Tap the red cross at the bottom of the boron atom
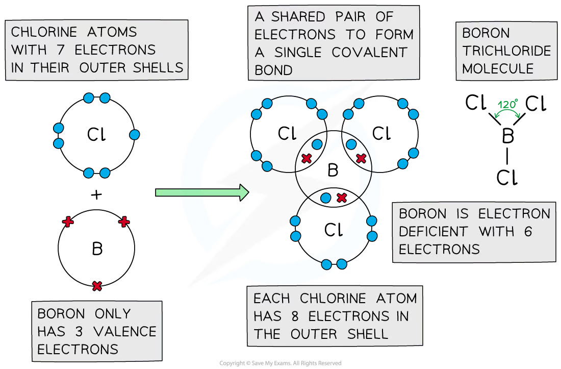point(97,286)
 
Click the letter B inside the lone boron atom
point(97,249)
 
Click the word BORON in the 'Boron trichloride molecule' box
point(486,34)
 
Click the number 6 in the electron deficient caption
point(527,231)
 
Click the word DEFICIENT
point(434,231)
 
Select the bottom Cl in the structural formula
point(506,178)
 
